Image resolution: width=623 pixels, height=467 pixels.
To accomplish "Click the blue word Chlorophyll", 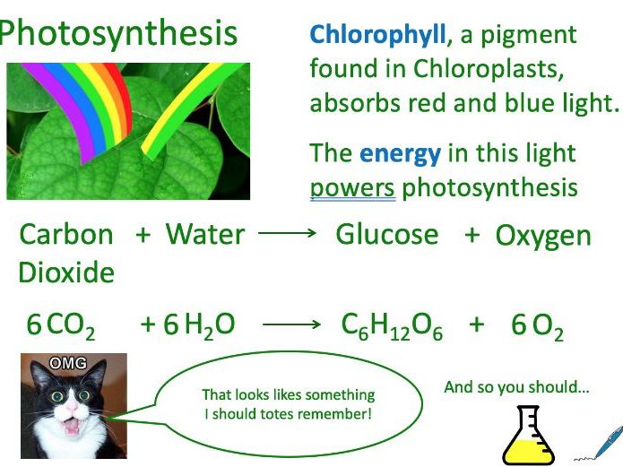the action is pyautogui.click(x=377, y=36).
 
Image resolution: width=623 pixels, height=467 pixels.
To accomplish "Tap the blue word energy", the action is pyautogui.click(x=400, y=154).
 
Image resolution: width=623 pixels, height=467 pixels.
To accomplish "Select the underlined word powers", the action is pyautogui.click(x=352, y=188).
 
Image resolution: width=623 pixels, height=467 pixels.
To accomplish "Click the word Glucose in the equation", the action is pyautogui.click(x=387, y=234).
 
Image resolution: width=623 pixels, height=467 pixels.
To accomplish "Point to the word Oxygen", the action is pyautogui.click(x=543, y=237).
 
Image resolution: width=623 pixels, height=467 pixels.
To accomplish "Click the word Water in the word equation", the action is pyautogui.click(x=204, y=234).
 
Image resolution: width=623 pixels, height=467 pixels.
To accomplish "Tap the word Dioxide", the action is pyautogui.click(x=66, y=272).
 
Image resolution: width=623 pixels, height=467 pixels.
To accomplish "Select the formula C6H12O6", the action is pyautogui.click(x=392, y=326).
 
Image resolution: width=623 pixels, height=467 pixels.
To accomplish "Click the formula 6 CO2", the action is pyautogui.click(x=61, y=326).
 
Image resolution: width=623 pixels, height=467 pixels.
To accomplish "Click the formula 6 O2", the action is pyautogui.click(x=537, y=326).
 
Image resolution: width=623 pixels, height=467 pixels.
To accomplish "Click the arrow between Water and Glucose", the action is pyautogui.click(x=287, y=232).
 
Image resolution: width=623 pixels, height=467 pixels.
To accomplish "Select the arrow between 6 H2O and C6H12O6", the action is pyautogui.click(x=291, y=324).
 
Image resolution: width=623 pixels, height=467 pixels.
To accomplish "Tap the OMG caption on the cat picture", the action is pyautogui.click(x=68, y=362).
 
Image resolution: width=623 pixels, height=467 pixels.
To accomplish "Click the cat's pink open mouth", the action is pyautogui.click(x=72, y=425).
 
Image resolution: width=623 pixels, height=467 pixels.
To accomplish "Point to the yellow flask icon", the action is pyautogui.click(x=529, y=436).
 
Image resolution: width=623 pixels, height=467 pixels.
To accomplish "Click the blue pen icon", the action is pyautogui.click(x=607, y=442).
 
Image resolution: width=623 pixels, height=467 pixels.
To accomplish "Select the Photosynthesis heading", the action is pyautogui.click(x=118, y=34).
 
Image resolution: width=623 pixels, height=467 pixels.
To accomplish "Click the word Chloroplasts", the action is pyautogui.click(x=489, y=69).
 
